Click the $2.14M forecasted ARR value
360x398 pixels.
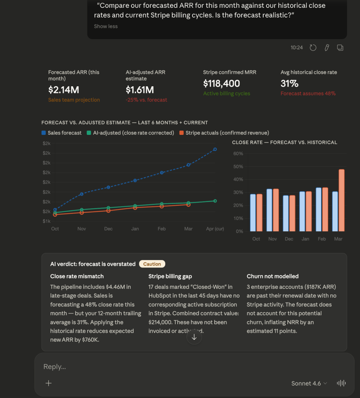coord(63,90)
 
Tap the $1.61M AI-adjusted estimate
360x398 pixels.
coord(140,90)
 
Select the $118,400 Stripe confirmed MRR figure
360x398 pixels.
coord(221,84)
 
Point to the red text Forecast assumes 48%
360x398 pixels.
coord(308,93)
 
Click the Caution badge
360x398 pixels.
coord(152,264)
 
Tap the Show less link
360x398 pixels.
coord(106,26)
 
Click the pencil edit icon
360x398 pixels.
coord(327,47)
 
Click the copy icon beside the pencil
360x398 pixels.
coord(340,47)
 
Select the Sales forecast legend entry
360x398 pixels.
coord(61,133)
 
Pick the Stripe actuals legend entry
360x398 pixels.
coord(224,133)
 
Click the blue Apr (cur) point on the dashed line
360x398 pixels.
coord(215,149)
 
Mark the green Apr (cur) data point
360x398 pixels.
coord(215,201)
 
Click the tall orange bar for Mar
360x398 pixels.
coord(342,200)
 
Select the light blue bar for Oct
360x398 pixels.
coord(253,213)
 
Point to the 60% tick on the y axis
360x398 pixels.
coord(238,154)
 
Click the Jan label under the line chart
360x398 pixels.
coord(135,229)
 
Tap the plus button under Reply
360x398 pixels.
coord(49,383)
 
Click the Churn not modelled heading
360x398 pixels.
coord(273,276)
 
